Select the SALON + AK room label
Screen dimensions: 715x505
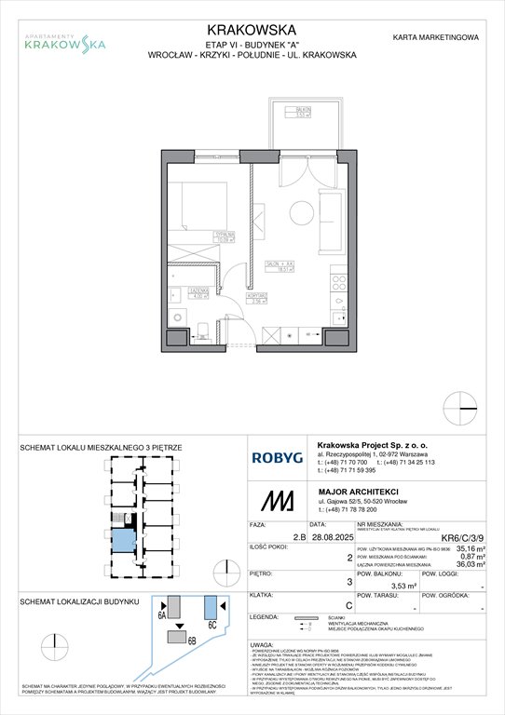276,266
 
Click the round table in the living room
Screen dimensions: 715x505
303,210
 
